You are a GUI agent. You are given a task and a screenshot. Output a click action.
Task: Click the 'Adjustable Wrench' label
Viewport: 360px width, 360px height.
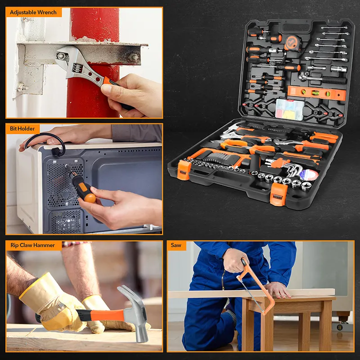click(33, 12)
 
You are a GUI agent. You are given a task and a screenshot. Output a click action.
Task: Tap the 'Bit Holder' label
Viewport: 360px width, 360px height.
click(22, 128)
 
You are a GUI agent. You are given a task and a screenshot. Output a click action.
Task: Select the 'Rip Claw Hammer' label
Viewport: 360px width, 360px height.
click(32, 245)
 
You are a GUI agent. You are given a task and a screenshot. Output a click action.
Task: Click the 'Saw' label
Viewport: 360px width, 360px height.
click(176, 245)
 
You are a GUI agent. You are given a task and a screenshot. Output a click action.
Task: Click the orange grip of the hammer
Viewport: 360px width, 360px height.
click(107, 315)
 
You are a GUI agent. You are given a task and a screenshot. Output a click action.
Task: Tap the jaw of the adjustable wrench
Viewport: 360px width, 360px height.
click(66, 55)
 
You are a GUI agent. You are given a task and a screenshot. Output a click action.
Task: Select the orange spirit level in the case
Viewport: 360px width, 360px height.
click(316, 93)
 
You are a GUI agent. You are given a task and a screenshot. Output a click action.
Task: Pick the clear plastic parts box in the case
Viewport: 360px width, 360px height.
click(289, 109)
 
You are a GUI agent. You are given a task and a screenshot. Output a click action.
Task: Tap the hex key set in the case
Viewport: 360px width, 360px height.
click(283, 166)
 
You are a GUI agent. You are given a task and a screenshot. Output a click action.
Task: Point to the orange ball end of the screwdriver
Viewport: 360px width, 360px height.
click(90, 198)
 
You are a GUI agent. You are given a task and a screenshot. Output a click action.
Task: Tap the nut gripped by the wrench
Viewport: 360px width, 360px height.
click(61, 56)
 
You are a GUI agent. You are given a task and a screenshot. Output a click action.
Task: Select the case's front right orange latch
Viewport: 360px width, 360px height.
click(278, 194)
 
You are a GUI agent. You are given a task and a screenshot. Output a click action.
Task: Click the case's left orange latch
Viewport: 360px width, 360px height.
click(184, 169)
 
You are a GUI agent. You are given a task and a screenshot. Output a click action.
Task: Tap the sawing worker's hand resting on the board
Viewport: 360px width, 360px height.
click(277, 289)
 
